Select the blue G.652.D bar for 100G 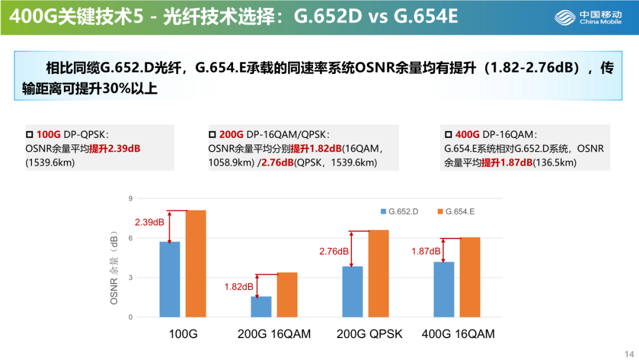tap(170, 279)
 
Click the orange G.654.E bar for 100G tap(196, 263)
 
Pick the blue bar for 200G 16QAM tap(261, 307)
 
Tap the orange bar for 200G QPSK tap(379, 274)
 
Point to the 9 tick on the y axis tap(131, 198)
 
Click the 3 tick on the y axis tap(131, 278)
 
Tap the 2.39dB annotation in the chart tap(149, 223)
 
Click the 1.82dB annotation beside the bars tap(238, 287)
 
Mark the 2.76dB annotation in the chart tap(334, 251)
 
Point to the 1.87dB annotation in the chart tap(426, 251)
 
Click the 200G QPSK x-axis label tap(369, 334)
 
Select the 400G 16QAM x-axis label tap(458, 334)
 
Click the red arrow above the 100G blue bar tap(170, 226)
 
